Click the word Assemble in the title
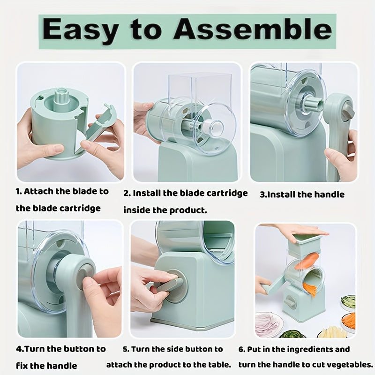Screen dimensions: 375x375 [253, 30]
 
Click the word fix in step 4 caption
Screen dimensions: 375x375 [22, 366]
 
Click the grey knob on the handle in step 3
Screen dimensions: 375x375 [347, 111]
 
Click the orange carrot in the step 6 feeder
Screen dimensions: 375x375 [307, 262]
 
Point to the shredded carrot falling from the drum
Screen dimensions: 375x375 [311, 289]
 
